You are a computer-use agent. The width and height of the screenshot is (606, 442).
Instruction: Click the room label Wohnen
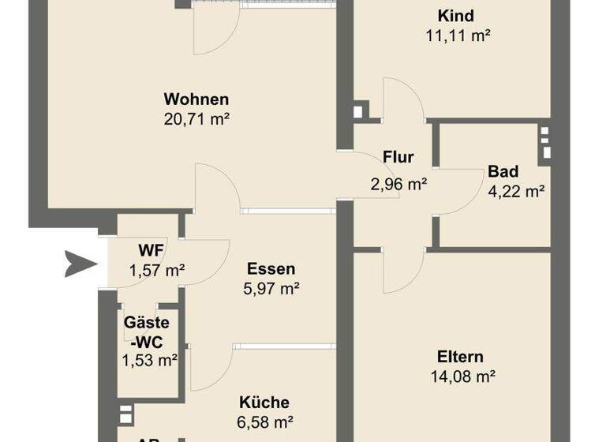click(x=196, y=99)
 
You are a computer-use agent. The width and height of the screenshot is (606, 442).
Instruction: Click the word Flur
click(x=398, y=157)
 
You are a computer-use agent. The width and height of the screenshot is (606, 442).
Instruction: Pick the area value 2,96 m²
click(x=398, y=185)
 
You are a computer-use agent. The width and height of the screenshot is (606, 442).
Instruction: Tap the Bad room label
click(x=503, y=171)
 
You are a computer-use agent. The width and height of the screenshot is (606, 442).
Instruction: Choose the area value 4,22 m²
click(x=517, y=190)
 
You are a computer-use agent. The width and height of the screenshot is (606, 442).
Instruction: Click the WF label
click(x=151, y=250)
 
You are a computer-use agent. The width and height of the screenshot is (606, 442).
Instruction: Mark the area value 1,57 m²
click(x=157, y=270)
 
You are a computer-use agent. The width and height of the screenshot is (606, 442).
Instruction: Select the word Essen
click(x=271, y=268)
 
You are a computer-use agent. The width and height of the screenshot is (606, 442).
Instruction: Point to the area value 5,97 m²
click(x=271, y=288)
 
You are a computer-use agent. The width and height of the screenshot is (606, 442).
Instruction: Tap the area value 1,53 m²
click(x=149, y=360)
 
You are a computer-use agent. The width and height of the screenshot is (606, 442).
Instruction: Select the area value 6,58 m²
click(x=267, y=422)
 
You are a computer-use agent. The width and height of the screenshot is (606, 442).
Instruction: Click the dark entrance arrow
click(x=80, y=263)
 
